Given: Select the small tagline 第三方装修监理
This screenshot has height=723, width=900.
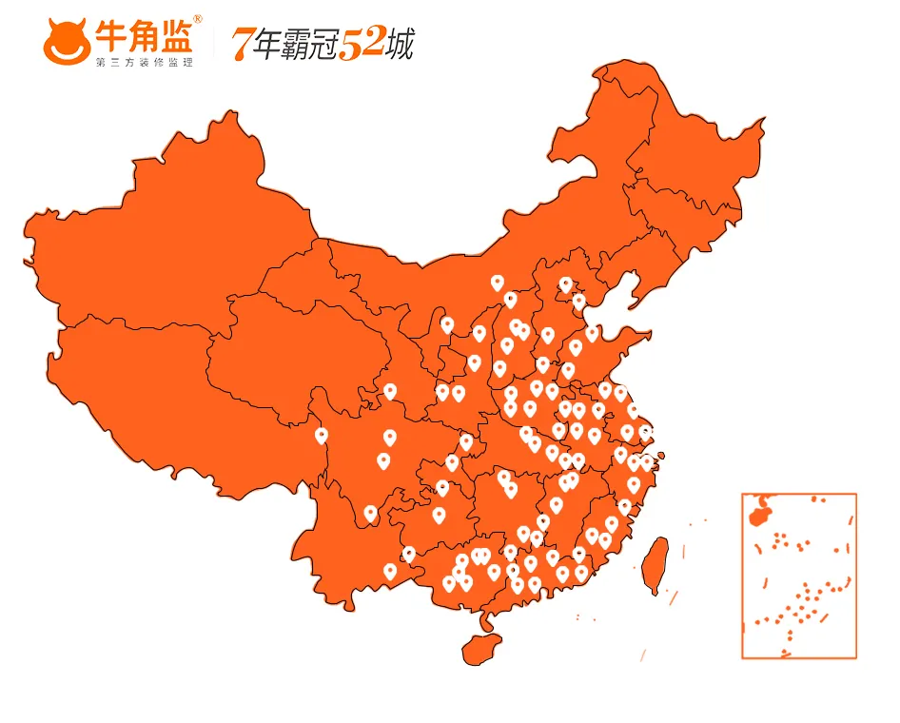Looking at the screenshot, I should pos(145,62).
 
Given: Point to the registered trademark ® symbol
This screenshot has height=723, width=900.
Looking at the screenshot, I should pos(197,19).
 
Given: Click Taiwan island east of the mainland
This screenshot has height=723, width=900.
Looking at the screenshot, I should pos(655,562).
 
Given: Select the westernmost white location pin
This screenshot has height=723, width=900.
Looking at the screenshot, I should pos(322,437).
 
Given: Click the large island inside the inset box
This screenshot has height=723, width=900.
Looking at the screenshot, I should pos(759,514).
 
